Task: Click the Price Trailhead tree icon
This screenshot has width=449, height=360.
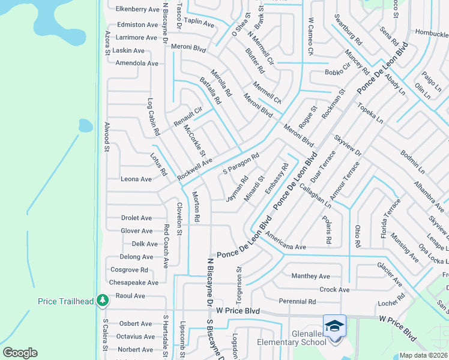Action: [103, 299]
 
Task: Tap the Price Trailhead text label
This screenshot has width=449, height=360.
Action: [65, 301]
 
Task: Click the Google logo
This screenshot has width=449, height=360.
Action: [20, 353]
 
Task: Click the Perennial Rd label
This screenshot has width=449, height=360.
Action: [297, 301]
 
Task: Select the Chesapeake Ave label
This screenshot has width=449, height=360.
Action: [134, 282]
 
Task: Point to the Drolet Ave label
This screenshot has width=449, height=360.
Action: [136, 218]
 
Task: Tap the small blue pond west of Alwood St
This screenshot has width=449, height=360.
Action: [85, 125]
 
